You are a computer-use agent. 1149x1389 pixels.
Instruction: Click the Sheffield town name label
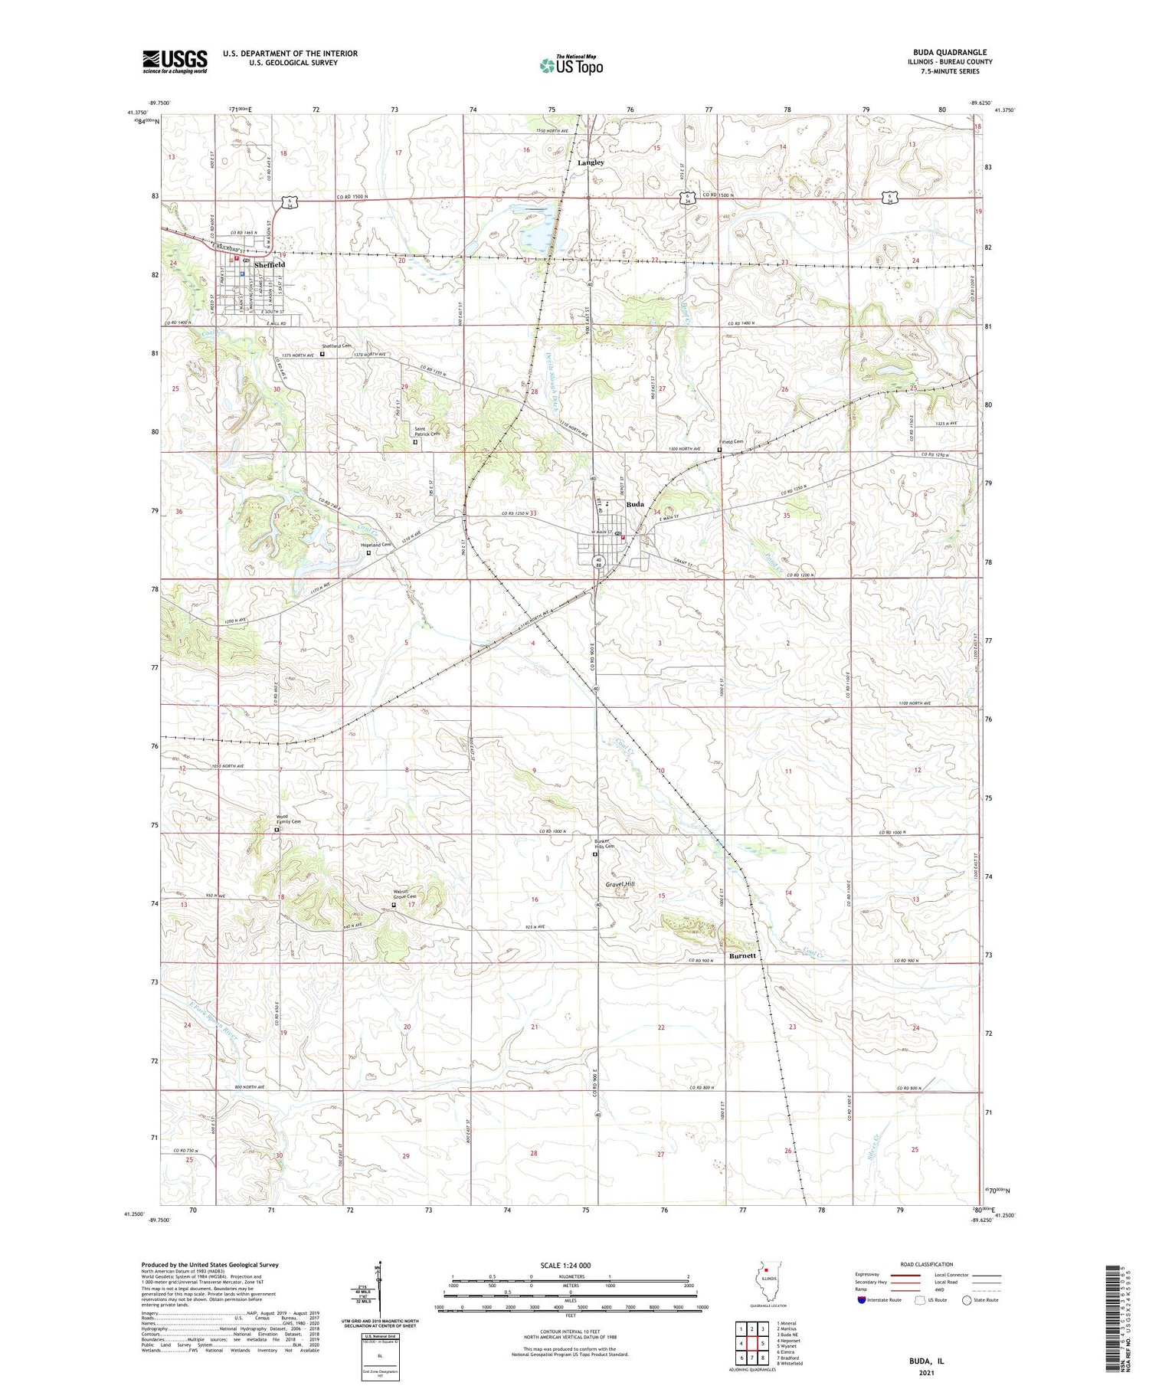coord(270,264)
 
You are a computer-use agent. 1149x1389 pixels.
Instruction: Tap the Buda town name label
coord(635,505)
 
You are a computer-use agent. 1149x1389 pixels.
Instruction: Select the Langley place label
coord(591,162)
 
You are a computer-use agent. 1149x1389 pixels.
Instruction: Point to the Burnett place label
coord(742,955)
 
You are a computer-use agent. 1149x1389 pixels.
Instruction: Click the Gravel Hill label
coord(620,884)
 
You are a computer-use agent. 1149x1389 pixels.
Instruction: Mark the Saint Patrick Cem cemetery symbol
coord(416,442)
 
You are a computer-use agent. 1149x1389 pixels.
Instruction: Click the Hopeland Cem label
coord(376,545)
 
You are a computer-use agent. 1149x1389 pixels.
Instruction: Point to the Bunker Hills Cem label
coord(604,843)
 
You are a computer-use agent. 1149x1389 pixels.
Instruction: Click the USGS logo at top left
coord(175,61)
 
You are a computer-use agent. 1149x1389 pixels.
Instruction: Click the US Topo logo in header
coord(571,66)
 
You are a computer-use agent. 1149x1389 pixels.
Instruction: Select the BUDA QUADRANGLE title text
coord(949,52)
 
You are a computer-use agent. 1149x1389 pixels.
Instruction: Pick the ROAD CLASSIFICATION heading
coord(926,1264)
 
